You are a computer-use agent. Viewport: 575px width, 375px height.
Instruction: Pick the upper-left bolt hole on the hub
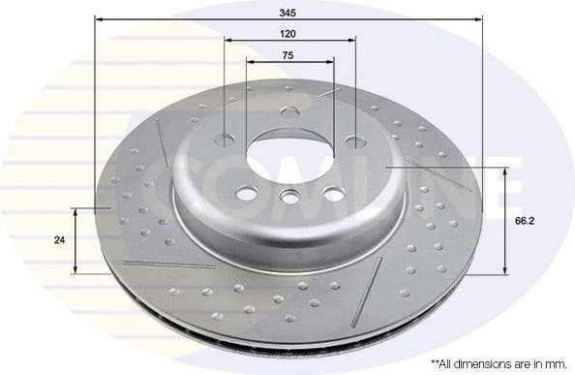pyautogui.click(x=225, y=140)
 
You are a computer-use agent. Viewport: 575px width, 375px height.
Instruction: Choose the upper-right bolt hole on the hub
pyautogui.click(x=355, y=141)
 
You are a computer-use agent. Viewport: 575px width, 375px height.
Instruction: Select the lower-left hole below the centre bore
pyautogui.click(x=247, y=194)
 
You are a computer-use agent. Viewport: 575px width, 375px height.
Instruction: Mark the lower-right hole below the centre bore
pyautogui.click(x=333, y=194)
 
